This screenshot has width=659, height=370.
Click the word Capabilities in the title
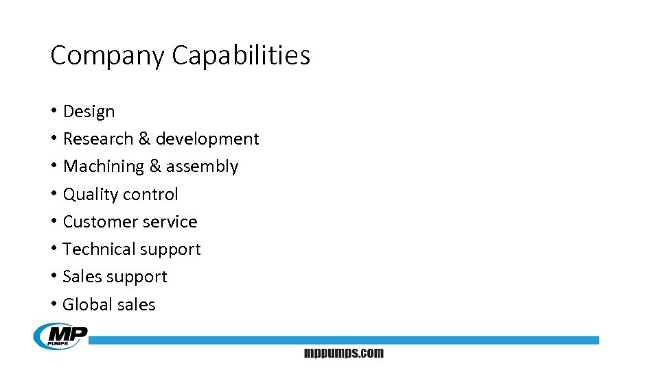point(241,56)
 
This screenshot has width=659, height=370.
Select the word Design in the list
point(89,112)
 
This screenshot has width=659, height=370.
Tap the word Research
point(98,139)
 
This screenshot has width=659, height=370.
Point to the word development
point(207,139)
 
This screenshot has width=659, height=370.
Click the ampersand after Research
point(144,139)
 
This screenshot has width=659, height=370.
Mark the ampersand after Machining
point(155,166)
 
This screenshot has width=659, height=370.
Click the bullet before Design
point(54,111)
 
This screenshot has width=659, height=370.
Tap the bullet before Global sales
point(54,304)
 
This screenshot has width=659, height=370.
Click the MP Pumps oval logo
point(60,336)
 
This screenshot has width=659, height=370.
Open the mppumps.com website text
point(344,354)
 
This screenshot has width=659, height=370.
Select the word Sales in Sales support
point(80,277)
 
